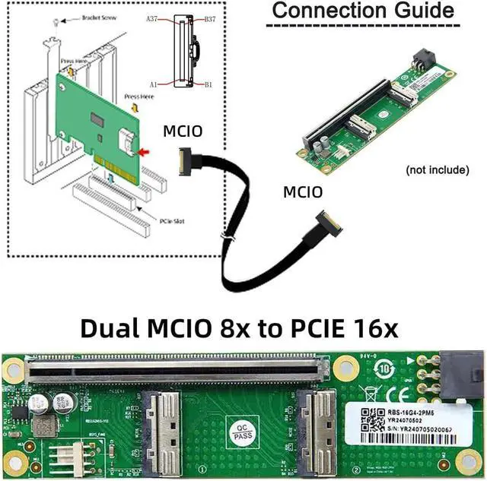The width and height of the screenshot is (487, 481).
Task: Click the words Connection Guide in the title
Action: [363, 11]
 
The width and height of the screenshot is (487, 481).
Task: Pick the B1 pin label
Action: [207, 84]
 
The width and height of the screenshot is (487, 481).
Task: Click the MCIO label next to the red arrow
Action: [183, 131]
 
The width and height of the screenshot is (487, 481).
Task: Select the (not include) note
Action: [437, 169]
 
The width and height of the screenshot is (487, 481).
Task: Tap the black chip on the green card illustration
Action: [97, 120]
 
